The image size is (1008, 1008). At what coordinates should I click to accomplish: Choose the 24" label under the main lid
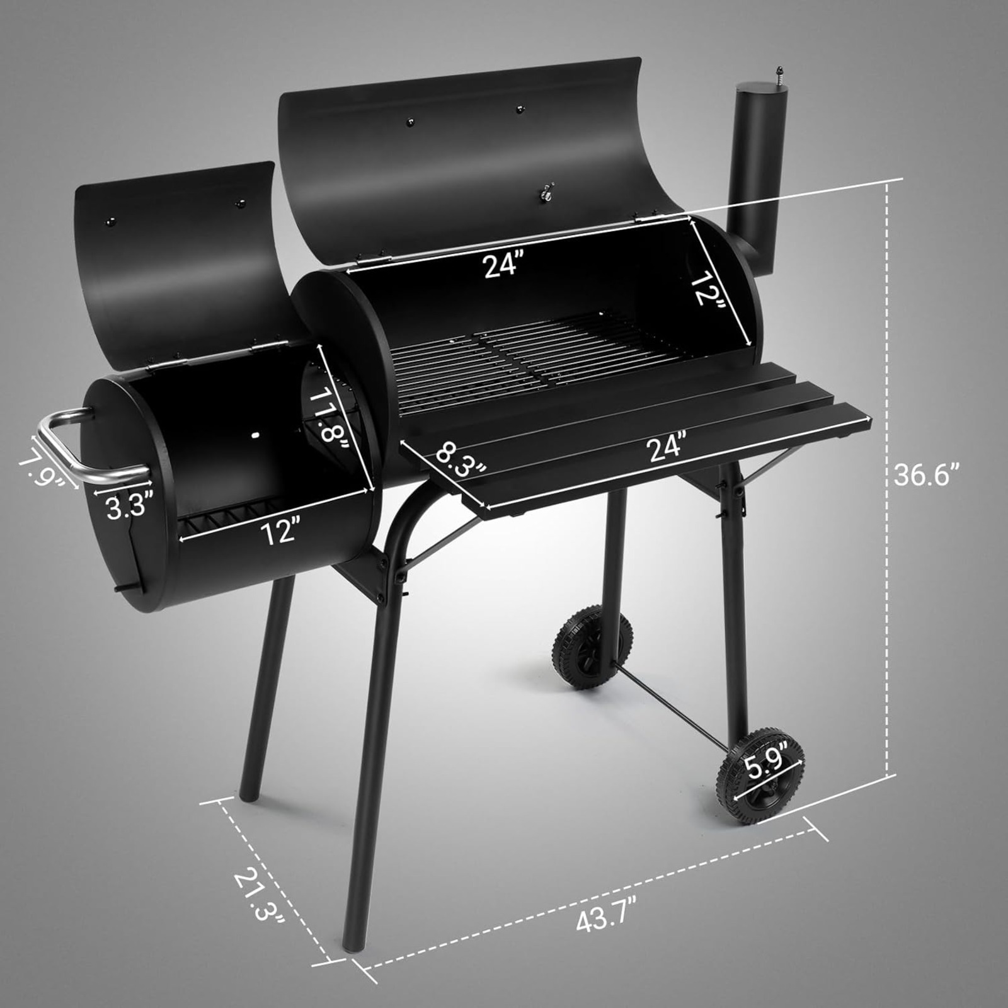pos(504,265)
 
